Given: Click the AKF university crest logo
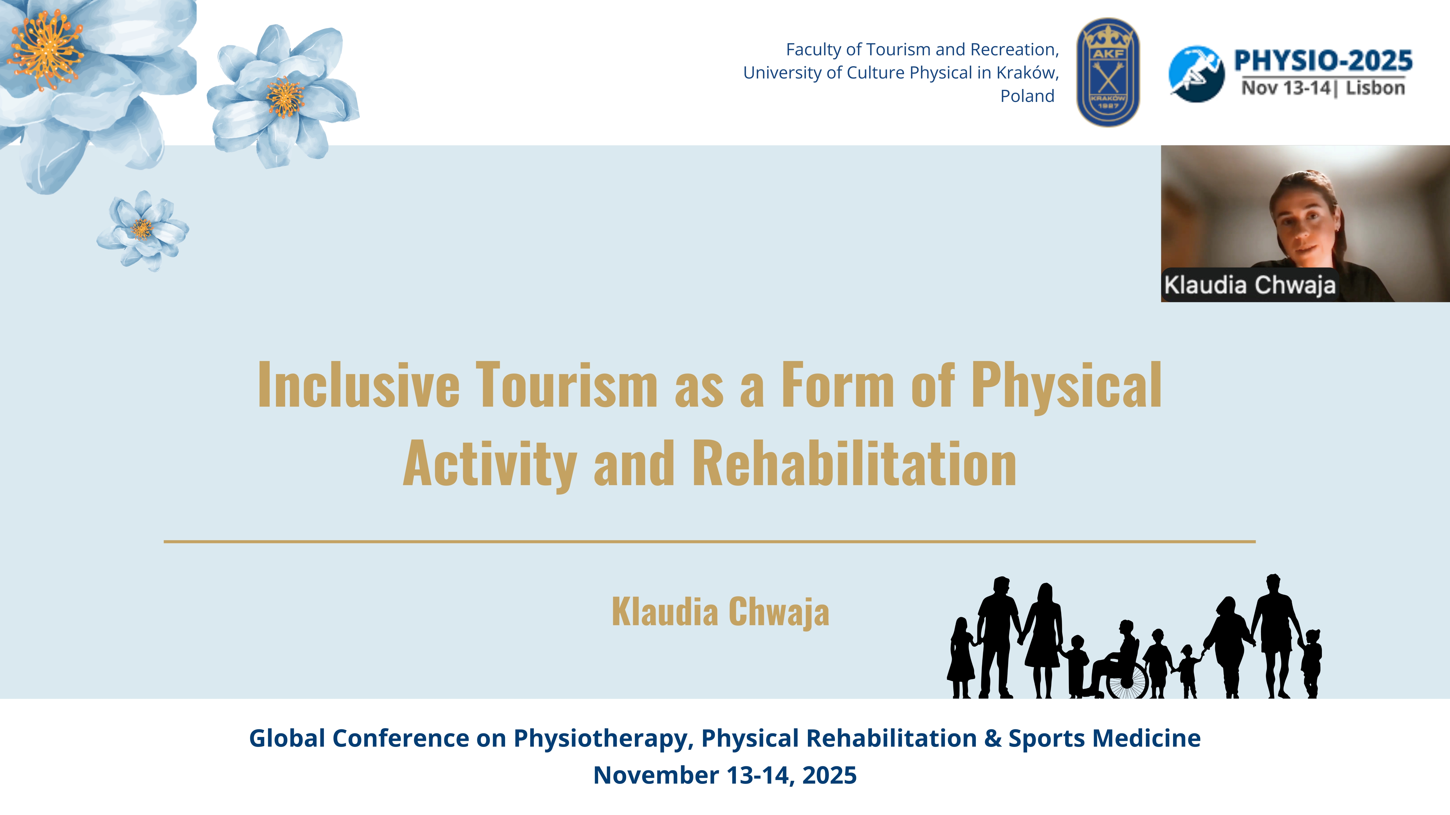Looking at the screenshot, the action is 1108,72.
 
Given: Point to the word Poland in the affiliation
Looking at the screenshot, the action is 1027,96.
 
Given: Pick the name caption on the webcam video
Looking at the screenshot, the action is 1250,285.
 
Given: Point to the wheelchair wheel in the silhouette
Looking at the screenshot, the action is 1126,680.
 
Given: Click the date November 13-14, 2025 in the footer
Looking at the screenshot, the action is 725,775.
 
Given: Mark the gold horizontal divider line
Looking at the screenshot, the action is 710,542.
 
